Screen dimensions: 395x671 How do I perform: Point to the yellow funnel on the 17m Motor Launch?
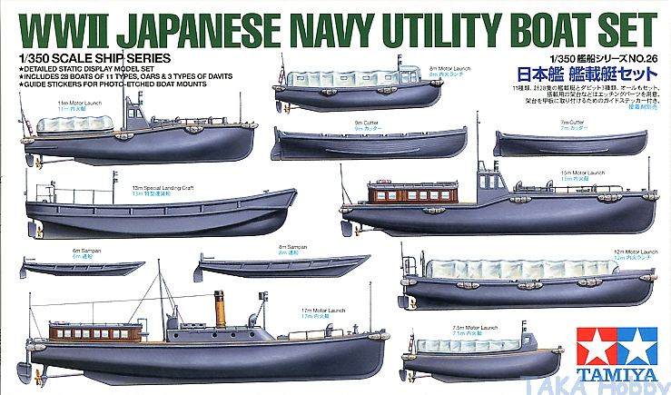[x=219, y=309]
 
